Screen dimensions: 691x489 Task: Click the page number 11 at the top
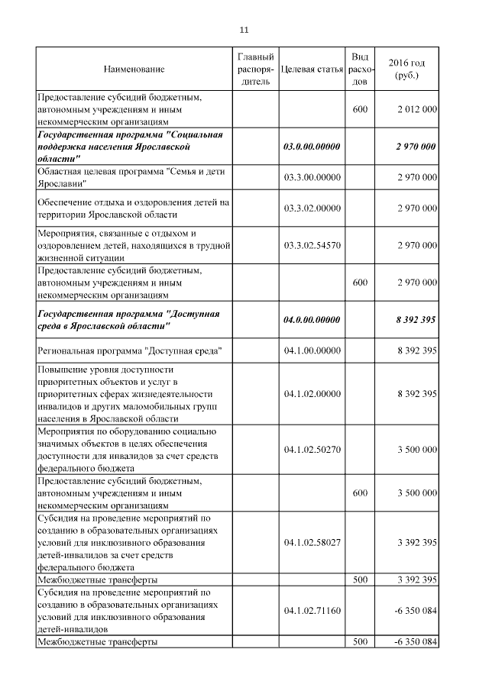coord(244,30)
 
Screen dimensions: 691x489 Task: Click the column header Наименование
coord(134,69)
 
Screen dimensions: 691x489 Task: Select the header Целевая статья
coord(312,69)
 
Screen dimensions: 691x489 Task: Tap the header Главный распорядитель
coord(255,69)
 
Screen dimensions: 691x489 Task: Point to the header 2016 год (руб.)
coord(406,69)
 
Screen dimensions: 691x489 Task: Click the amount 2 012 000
coord(417,109)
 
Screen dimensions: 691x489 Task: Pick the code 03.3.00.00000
coord(312,177)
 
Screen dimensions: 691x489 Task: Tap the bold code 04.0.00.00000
coord(312,319)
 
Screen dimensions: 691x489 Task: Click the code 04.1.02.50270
coord(312,450)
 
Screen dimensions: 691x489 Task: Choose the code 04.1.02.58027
coord(312,543)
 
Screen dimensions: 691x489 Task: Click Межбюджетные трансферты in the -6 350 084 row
coord(97,642)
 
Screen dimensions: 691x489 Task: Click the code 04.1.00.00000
coord(312,350)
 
